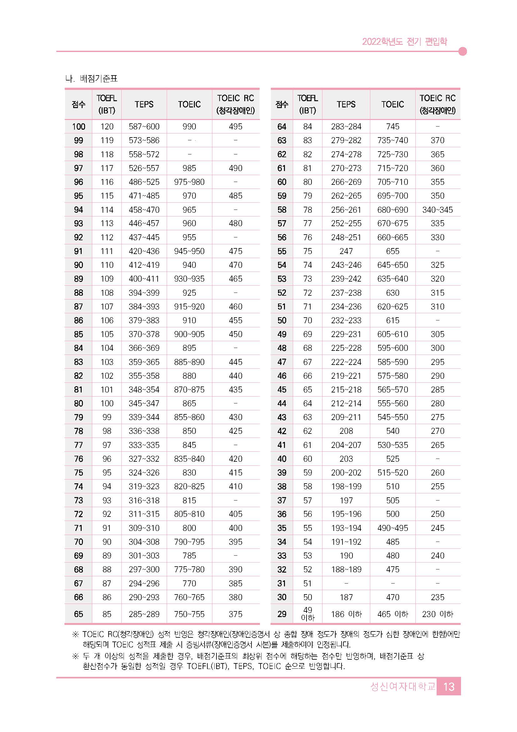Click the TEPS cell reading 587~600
pos(144,127)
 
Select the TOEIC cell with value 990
pos(189,127)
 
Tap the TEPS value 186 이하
pos(346,614)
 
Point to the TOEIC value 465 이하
pos(393,614)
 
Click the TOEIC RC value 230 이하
pos(438,614)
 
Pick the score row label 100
pos(78,127)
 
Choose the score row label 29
pos(282,614)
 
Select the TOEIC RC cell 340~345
pos(438,210)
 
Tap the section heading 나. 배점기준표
pos(91,78)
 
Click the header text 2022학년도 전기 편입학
pos(404,42)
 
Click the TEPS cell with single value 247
pos(346,251)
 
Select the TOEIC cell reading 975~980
pos(189,182)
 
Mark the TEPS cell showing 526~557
pos(144,168)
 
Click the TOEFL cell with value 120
pos(107,127)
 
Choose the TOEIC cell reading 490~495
pos(393,528)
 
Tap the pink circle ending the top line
pos(463,51)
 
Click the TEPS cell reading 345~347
pos(144,403)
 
